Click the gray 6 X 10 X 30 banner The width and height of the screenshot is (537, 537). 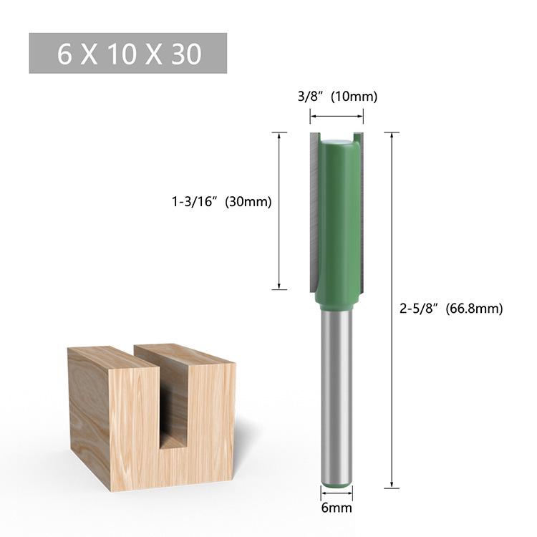click(x=128, y=53)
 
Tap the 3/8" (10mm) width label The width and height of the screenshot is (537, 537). click(x=337, y=97)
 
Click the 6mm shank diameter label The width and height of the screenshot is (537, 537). click(x=336, y=508)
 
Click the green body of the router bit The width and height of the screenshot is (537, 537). click(x=337, y=215)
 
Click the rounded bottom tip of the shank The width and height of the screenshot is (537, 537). click(x=336, y=483)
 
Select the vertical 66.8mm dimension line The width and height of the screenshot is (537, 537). click(x=391, y=309)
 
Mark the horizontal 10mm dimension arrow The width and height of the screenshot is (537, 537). click(x=337, y=116)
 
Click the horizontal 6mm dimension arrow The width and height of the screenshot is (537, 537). click(x=336, y=495)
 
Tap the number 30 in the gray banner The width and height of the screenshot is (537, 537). click(x=185, y=54)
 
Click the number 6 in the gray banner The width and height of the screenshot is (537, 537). click(x=65, y=54)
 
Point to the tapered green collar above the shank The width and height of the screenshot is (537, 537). click(x=336, y=299)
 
